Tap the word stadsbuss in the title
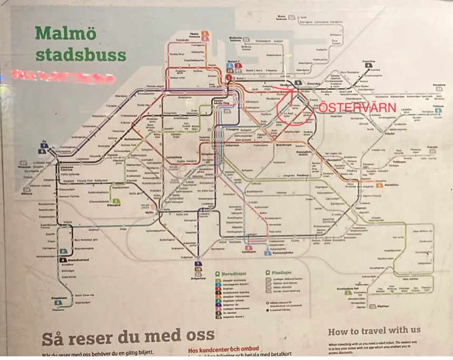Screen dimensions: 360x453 80,54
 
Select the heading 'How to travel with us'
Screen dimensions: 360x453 374,331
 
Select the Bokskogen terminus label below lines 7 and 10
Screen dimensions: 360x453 198,278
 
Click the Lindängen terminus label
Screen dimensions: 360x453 248,253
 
